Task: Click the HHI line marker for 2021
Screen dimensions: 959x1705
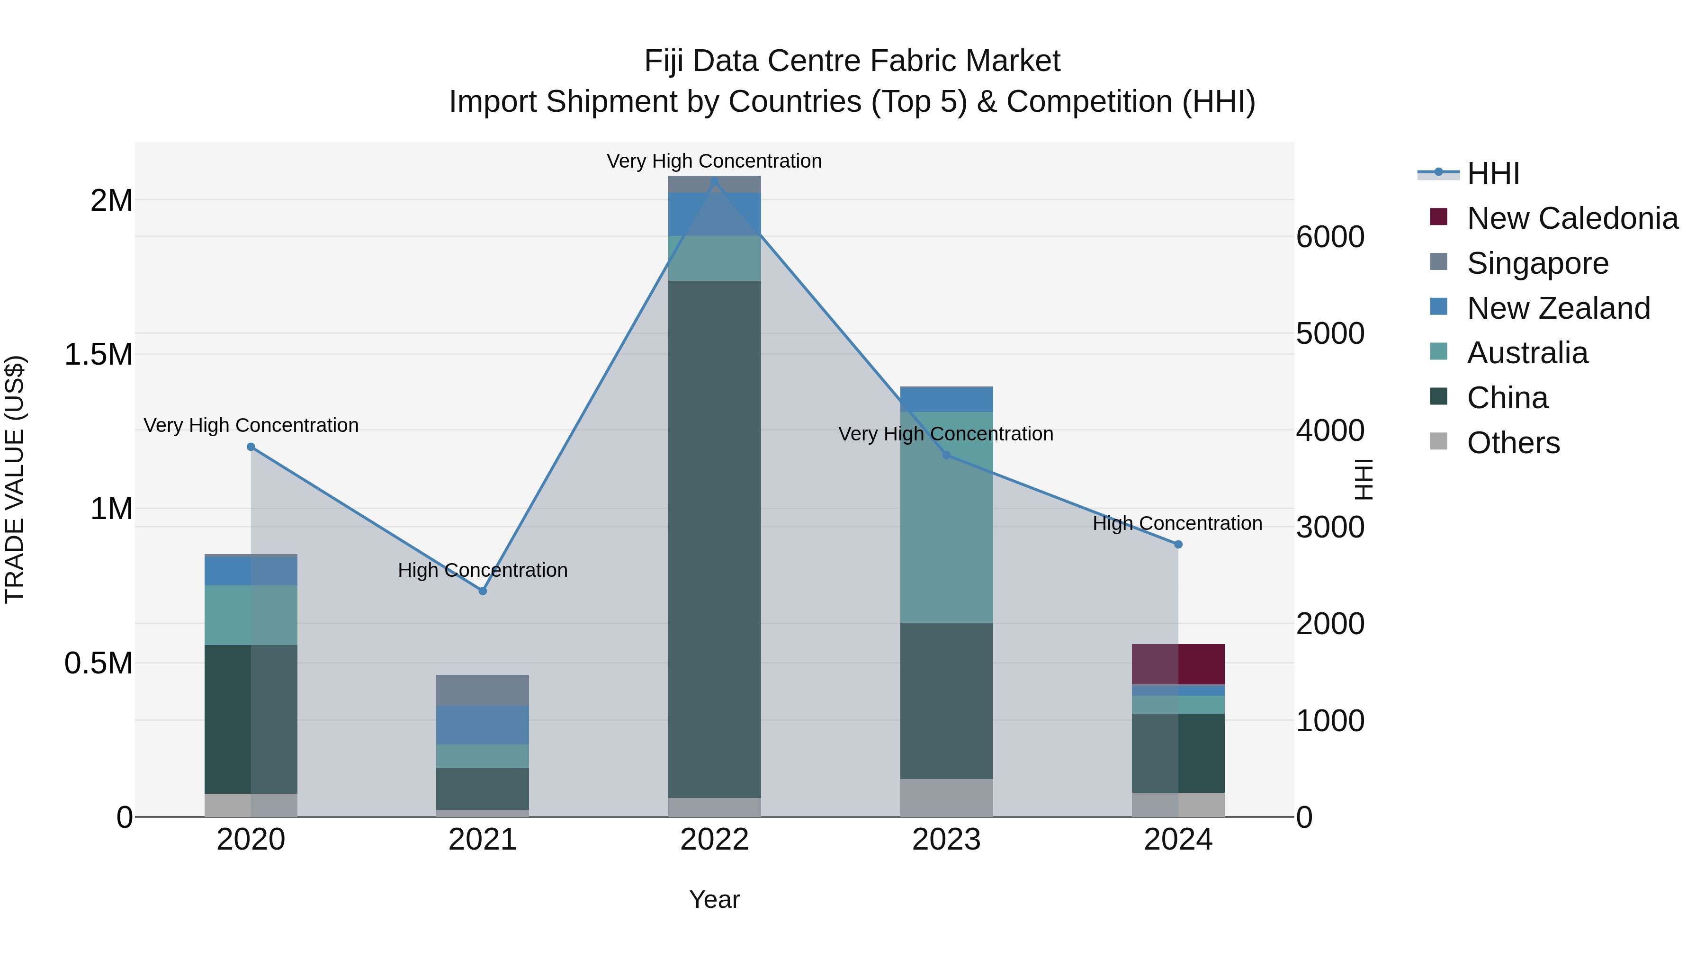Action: click(x=483, y=591)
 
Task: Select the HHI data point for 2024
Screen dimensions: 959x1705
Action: click(x=1178, y=545)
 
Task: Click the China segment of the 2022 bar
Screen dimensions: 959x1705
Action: click(x=714, y=539)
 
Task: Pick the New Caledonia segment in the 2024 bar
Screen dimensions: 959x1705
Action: click(x=1178, y=664)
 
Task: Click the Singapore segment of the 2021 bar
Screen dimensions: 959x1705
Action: click(x=483, y=690)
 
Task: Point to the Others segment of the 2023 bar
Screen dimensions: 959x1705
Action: click(x=946, y=798)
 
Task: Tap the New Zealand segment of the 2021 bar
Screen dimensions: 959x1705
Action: click(x=483, y=725)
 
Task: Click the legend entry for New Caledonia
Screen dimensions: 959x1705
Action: click(x=1572, y=218)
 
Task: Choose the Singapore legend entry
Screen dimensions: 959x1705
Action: click(x=1537, y=263)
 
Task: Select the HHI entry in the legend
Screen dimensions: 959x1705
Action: click(x=1492, y=173)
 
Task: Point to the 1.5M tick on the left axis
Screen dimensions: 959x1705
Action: click(x=99, y=355)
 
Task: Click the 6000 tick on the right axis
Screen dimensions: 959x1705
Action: click(x=1330, y=237)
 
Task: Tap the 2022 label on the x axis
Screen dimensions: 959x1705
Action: click(x=714, y=840)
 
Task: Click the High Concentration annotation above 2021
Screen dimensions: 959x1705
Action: click(x=483, y=570)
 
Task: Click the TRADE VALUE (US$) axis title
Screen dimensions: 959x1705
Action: click(x=15, y=479)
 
